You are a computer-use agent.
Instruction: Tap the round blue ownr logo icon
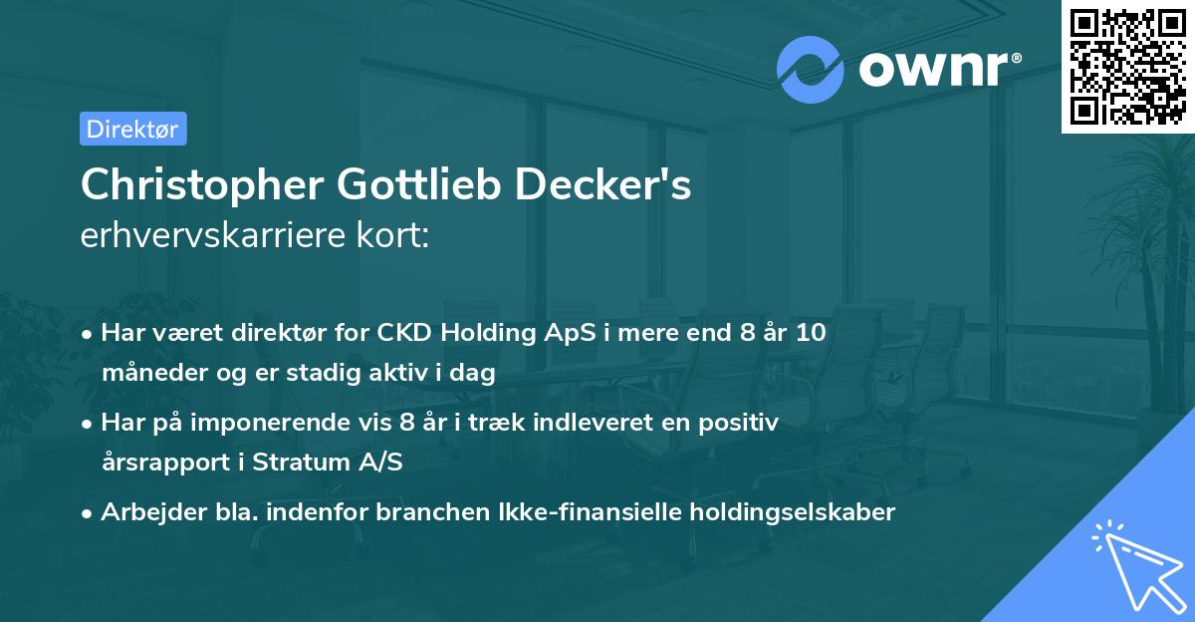pos(811,68)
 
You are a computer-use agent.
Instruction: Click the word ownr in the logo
pos(932,68)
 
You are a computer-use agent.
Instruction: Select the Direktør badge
pos(132,129)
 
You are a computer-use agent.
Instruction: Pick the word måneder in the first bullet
pos(147,373)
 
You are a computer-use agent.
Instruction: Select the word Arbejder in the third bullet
pos(143,512)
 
